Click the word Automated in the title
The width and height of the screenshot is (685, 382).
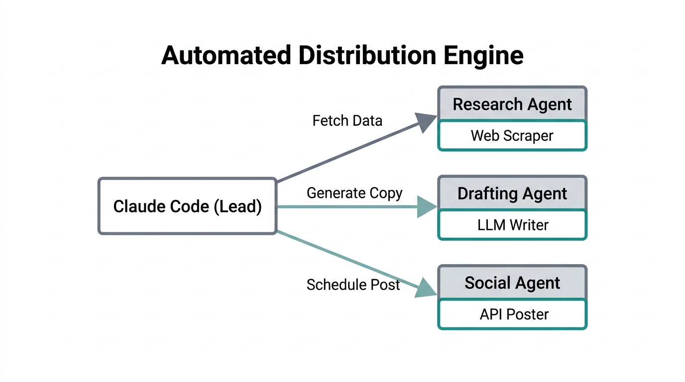click(226, 55)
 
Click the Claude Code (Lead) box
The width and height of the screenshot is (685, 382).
click(187, 206)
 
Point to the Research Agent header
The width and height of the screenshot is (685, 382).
click(512, 104)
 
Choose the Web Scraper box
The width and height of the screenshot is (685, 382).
click(512, 136)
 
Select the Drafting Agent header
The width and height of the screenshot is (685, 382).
click(512, 193)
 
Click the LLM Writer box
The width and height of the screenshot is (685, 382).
click(512, 225)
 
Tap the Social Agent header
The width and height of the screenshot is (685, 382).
click(512, 283)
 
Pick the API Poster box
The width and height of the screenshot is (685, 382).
click(512, 314)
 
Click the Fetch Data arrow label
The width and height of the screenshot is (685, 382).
click(347, 120)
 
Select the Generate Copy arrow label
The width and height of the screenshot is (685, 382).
click(354, 193)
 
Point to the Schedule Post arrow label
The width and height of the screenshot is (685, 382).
click(353, 285)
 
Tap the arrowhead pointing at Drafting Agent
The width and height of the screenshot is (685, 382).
click(427, 206)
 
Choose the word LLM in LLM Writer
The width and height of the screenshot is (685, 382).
click(489, 225)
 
